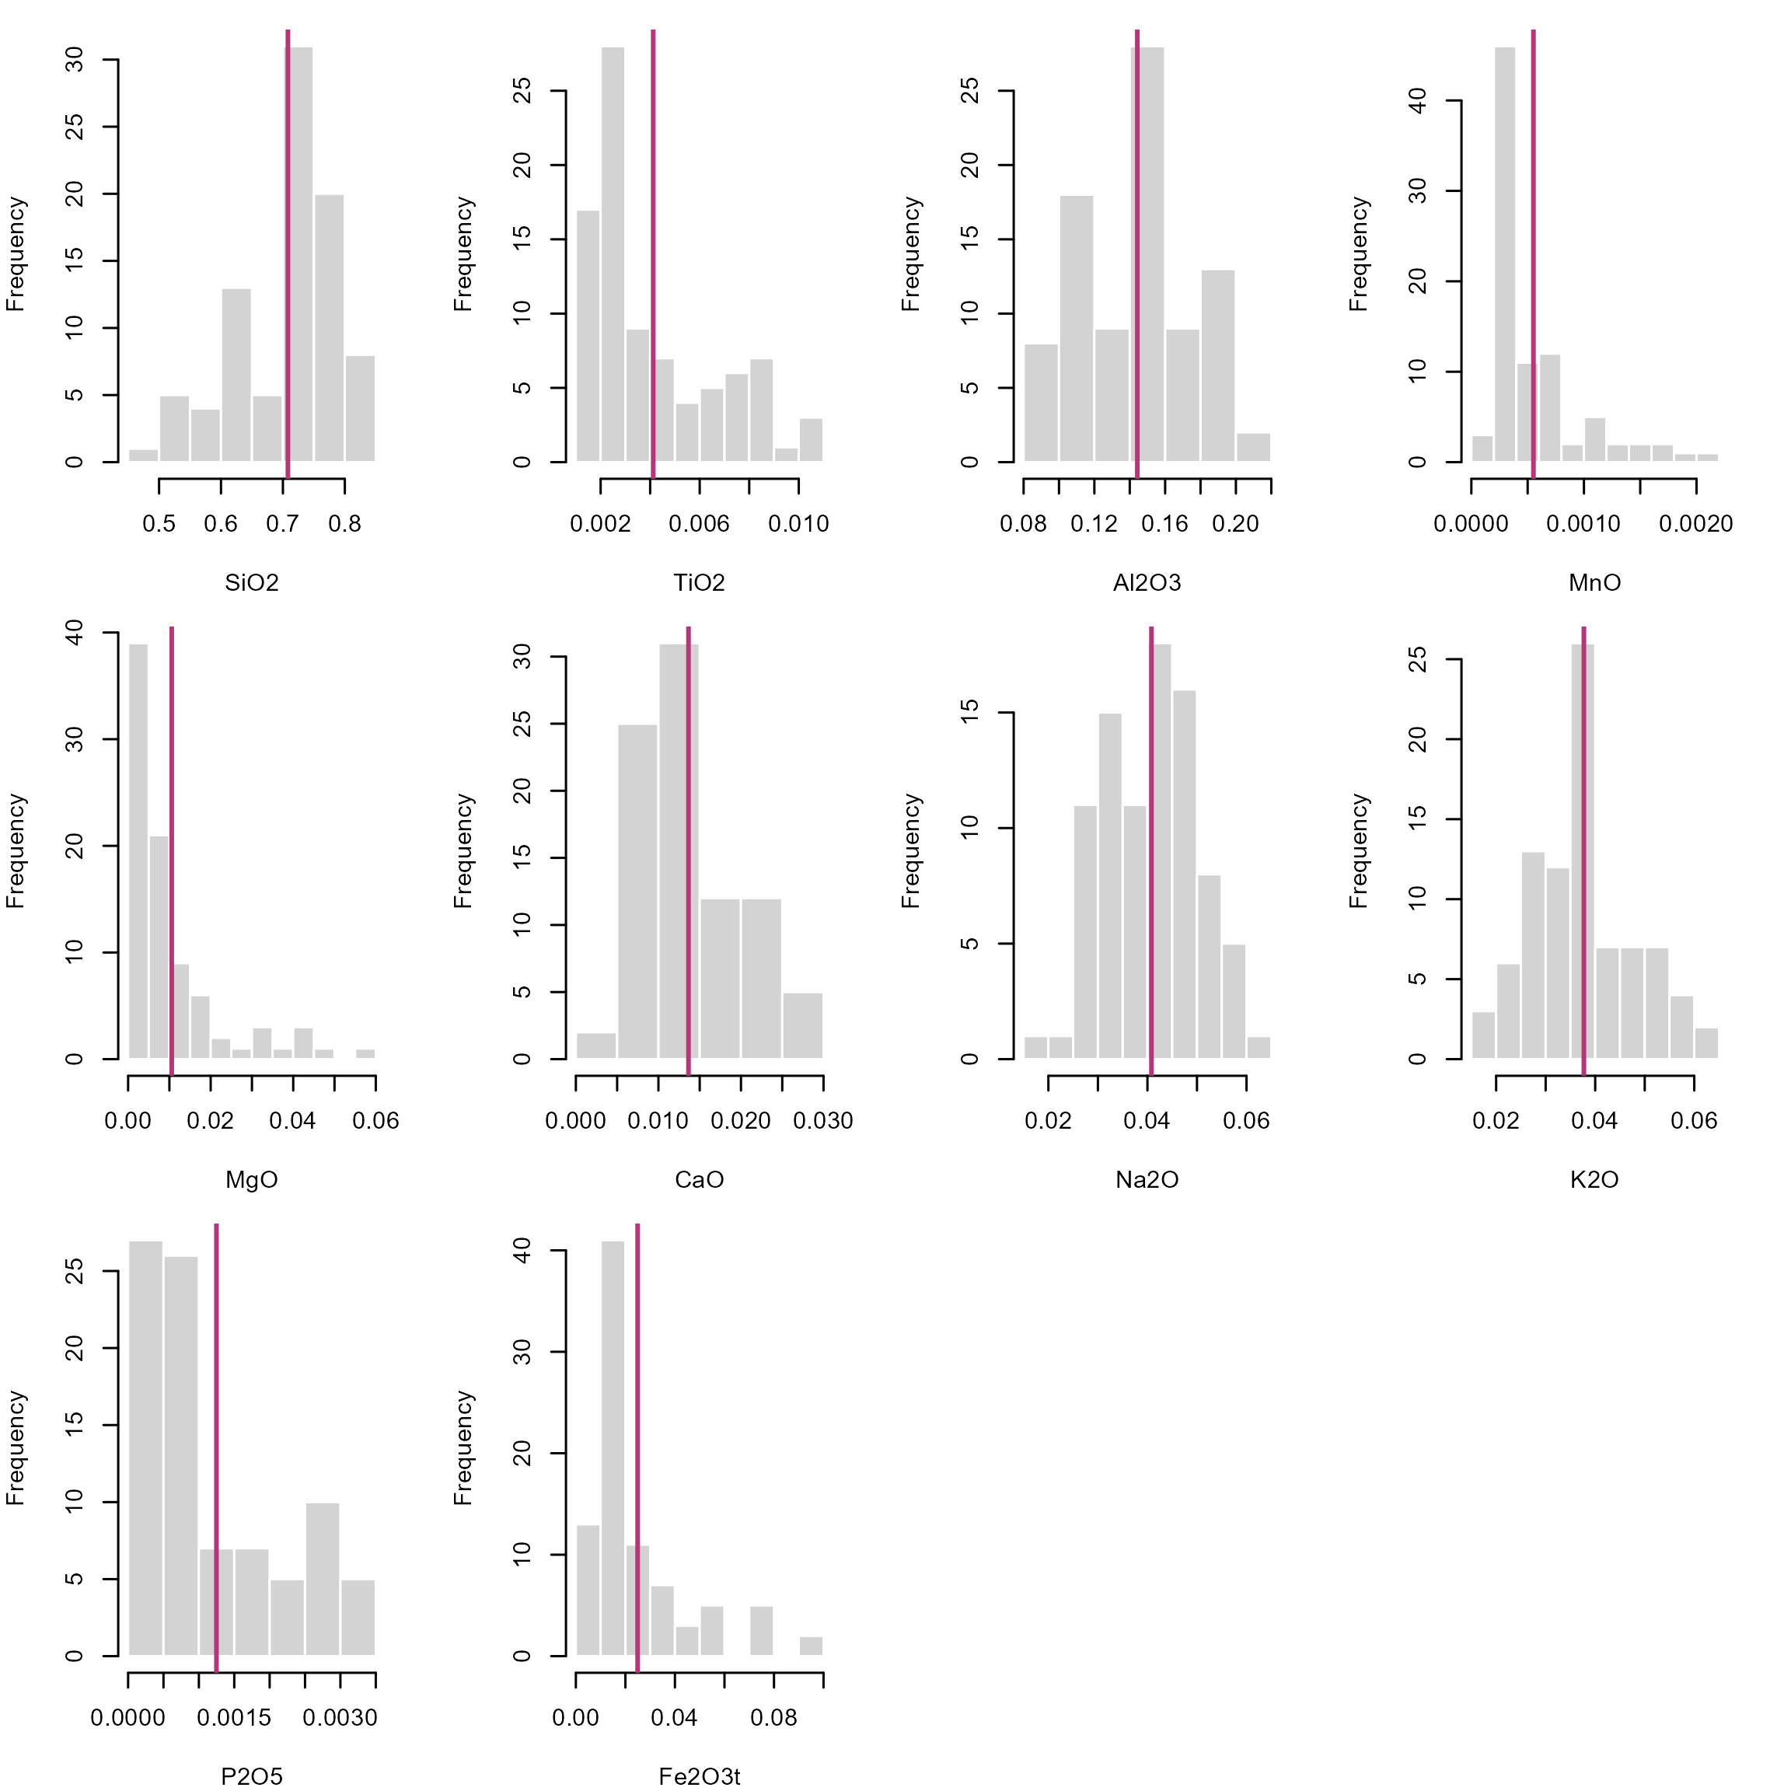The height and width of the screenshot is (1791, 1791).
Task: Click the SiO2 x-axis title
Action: coord(251,582)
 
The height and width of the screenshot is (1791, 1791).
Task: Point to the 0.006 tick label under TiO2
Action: coord(699,524)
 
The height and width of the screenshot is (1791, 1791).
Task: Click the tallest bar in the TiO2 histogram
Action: coord(613,254)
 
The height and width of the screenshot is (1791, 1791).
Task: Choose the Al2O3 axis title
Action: coord(1147,582)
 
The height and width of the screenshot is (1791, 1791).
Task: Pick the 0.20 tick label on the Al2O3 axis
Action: coord(1234,524)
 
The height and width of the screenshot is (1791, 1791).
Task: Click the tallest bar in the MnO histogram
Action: coord(1505,254)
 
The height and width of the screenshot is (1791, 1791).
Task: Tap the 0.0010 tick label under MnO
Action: coord(1583,524)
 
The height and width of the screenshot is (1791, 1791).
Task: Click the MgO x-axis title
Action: coord(251,1179)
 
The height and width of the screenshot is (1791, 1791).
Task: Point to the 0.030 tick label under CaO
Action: coord(823,1121)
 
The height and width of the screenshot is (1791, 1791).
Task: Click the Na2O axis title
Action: coord(1147,1179)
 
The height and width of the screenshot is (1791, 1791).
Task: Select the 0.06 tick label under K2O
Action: coord(1694,1121)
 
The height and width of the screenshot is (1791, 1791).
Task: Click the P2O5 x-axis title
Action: coord(251,1776)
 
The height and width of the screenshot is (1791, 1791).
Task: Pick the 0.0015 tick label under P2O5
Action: coord(234,1718)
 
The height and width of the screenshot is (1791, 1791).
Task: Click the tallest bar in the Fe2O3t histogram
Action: coord(613,1448)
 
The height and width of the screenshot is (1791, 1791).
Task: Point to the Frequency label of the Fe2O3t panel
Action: coord(463,1448)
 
